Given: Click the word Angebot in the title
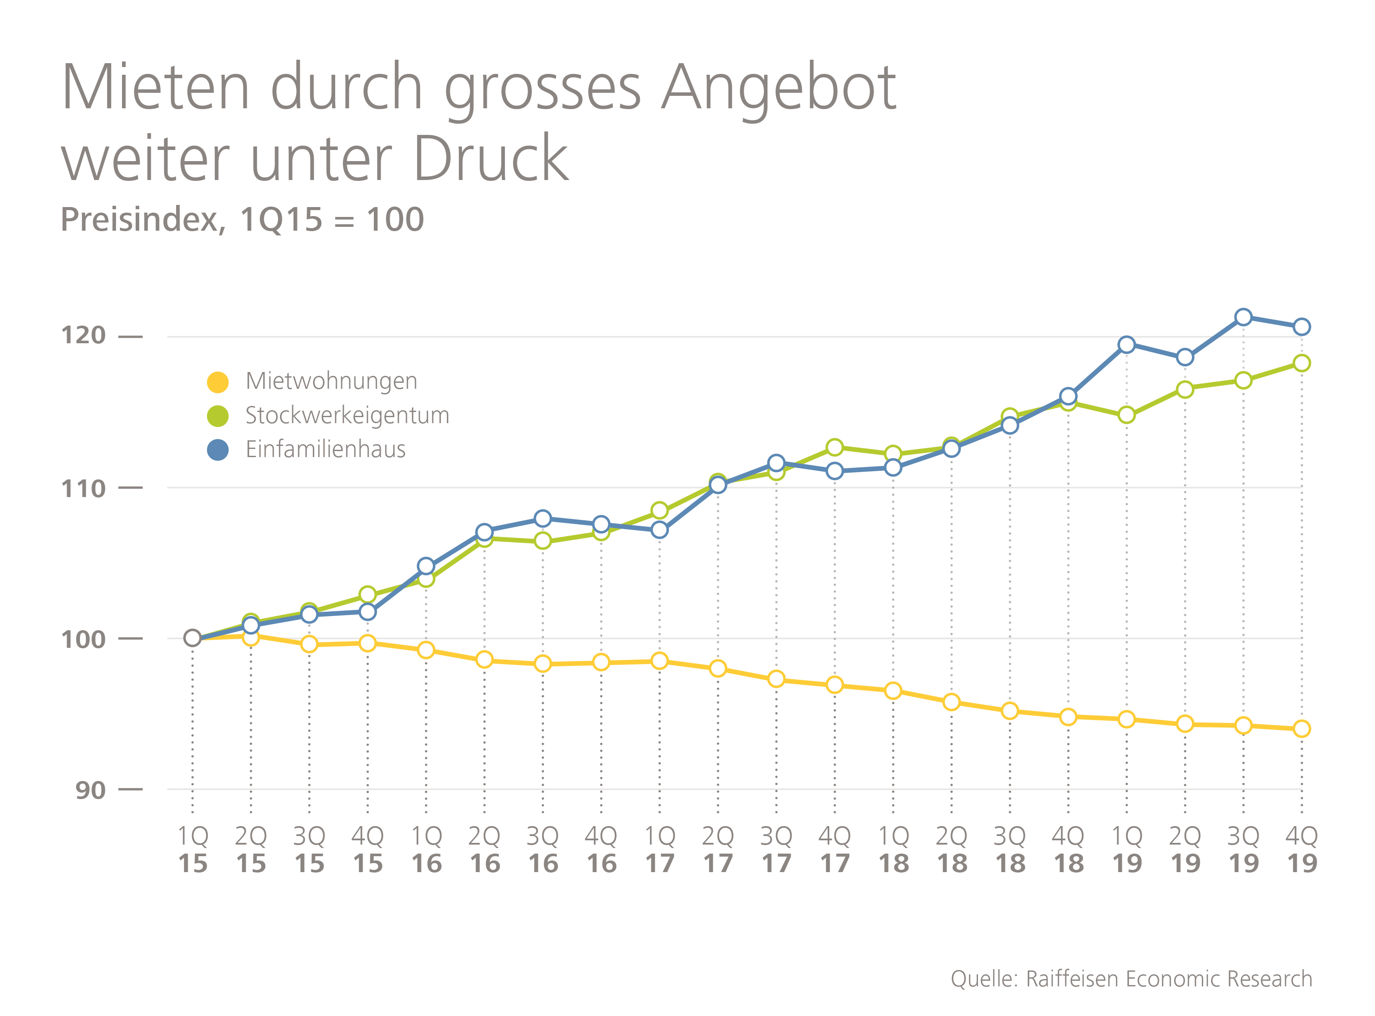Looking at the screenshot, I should [778, 89].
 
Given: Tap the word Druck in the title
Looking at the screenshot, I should [491, 159].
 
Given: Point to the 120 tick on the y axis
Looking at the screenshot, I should [84, 336].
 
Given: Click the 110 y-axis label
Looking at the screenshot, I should [84, 489].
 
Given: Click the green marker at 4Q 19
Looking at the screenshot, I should [1301, 363].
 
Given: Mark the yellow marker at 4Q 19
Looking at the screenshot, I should [1301, 729].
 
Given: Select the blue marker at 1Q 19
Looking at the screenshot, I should [1127, 345].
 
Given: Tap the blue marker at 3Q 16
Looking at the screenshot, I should [543, 519].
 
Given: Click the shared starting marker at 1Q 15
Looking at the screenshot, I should [192, 638].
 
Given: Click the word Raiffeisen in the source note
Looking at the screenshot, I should [1072, 979].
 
